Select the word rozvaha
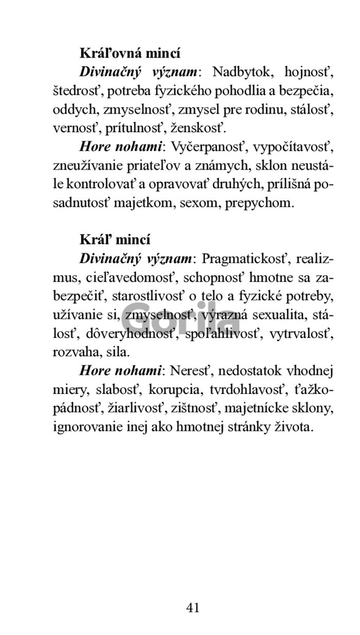(74, 352)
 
